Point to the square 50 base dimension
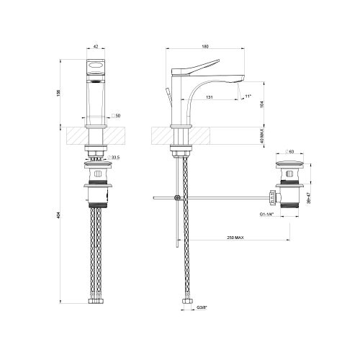tap(115, 115)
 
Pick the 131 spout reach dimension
tap(208, 96)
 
